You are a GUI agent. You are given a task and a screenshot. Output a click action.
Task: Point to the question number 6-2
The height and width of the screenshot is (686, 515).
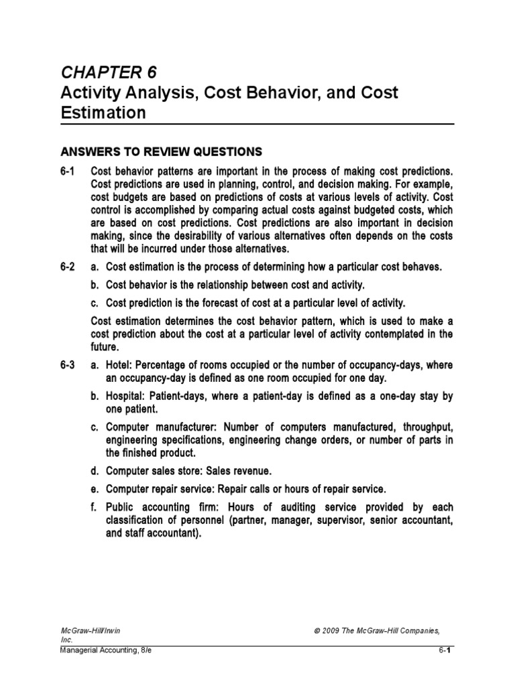click(x=68, y=267)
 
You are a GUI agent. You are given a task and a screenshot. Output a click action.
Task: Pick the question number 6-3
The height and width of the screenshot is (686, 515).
click(x=68, y=364)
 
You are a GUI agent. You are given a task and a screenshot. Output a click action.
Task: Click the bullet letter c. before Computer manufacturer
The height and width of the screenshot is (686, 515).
click(x=95, y=428)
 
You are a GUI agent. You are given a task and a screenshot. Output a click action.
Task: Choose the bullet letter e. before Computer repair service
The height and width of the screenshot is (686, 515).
click(x=95, y=488)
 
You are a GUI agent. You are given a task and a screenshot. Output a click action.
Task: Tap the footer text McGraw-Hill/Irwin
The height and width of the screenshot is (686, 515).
click(x=90, y=632)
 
